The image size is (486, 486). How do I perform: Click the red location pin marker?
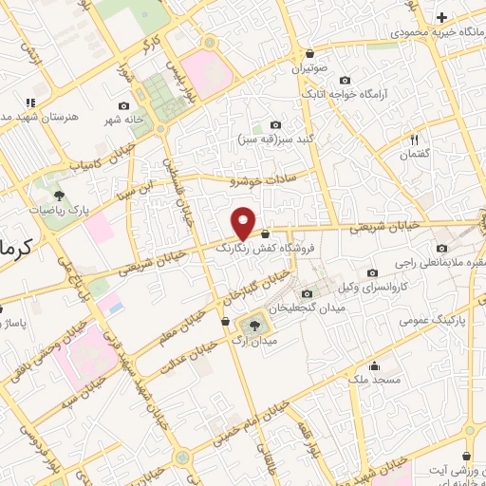244,222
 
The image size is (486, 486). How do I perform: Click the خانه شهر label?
122,121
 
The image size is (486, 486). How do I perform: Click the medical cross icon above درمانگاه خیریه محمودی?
441,17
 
